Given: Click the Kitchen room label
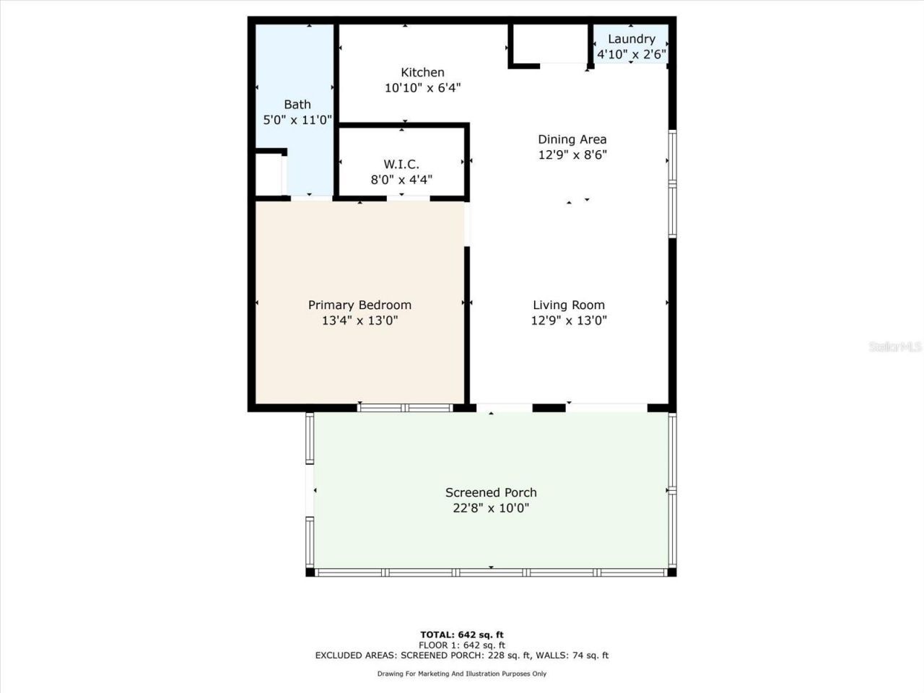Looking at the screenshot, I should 422,72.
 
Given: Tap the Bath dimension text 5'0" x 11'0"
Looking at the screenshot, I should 297,120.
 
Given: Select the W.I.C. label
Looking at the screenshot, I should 401,165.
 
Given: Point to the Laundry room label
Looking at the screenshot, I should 631,39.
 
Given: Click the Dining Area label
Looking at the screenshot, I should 572,139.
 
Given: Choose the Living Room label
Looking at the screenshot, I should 569,305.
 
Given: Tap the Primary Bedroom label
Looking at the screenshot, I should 359,305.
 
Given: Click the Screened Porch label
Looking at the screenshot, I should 491,492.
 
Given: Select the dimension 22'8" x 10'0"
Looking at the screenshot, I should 491,508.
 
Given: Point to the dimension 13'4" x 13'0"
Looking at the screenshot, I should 359,321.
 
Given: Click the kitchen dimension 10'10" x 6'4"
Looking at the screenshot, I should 422,88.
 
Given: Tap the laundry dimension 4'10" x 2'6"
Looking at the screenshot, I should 631,55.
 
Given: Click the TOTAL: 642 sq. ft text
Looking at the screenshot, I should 462,635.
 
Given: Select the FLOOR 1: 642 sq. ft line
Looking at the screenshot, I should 462,645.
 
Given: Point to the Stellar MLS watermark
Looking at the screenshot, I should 895,347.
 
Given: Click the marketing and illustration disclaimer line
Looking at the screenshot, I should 462,674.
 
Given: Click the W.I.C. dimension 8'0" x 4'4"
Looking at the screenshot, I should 401,180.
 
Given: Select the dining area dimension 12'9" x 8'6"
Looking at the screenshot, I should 572,155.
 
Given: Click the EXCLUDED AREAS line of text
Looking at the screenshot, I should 462,655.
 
